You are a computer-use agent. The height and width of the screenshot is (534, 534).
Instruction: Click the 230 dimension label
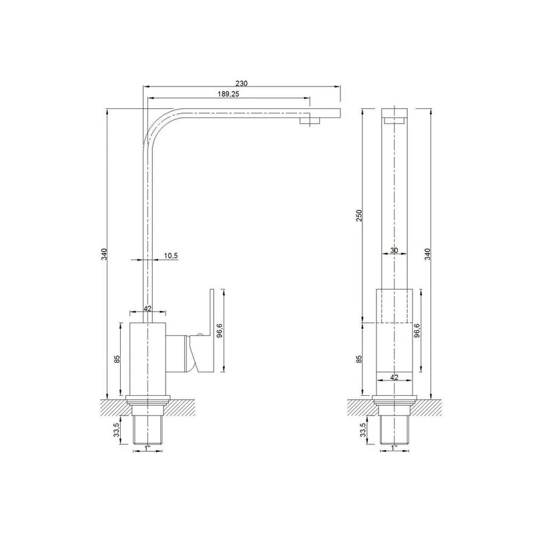click(x=242, y=83)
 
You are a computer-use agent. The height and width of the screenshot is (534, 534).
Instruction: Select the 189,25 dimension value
click(x=228, y=95)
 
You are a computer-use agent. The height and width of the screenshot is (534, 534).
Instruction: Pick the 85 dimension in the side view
click(x=117, y=359)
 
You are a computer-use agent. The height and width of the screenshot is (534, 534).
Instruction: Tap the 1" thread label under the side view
click(x=147, y=449)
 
